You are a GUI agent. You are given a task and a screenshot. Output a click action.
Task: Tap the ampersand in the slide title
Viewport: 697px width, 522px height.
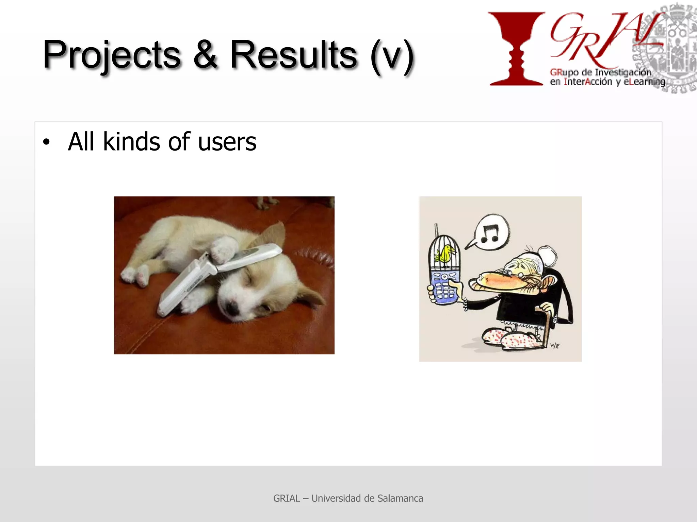(205, 54)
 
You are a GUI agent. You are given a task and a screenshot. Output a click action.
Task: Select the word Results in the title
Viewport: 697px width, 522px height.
(293, 54)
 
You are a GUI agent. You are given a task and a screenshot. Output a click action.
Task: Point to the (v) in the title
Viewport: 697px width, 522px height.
(392, 56)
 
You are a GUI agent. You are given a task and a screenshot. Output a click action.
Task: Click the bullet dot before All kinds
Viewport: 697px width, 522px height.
(46, 142)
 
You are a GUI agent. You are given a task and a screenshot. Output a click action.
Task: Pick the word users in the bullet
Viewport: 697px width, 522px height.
(227, 142)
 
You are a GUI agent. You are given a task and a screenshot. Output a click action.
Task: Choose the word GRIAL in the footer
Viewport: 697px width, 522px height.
(287, 498)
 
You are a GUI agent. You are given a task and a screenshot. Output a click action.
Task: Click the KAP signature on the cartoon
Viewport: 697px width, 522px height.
(554, 345)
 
